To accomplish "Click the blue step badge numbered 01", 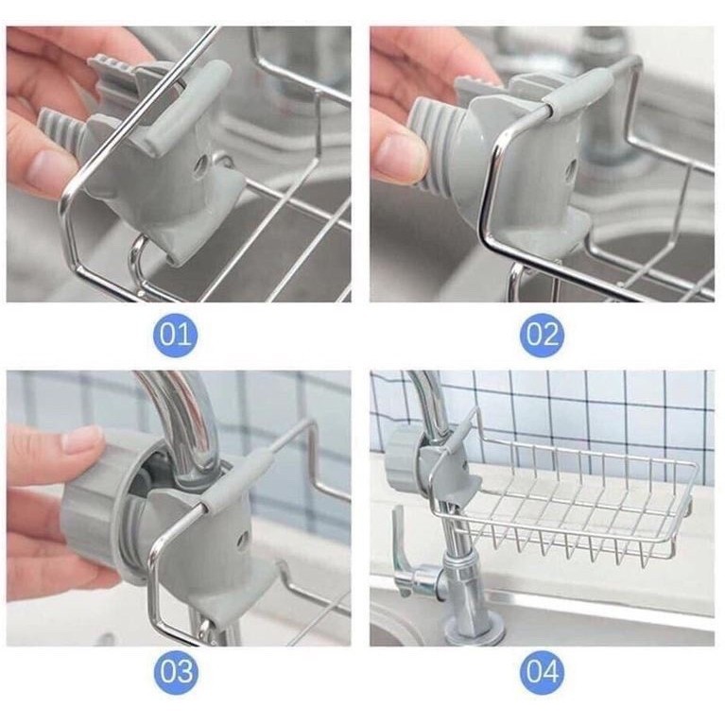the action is point(175,336).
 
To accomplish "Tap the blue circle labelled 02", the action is point(542,336).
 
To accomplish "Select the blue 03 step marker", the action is point(175,672).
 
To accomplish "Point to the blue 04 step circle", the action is point(542,672).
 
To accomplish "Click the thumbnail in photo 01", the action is point(46,167).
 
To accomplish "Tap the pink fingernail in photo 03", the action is point(82,439).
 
